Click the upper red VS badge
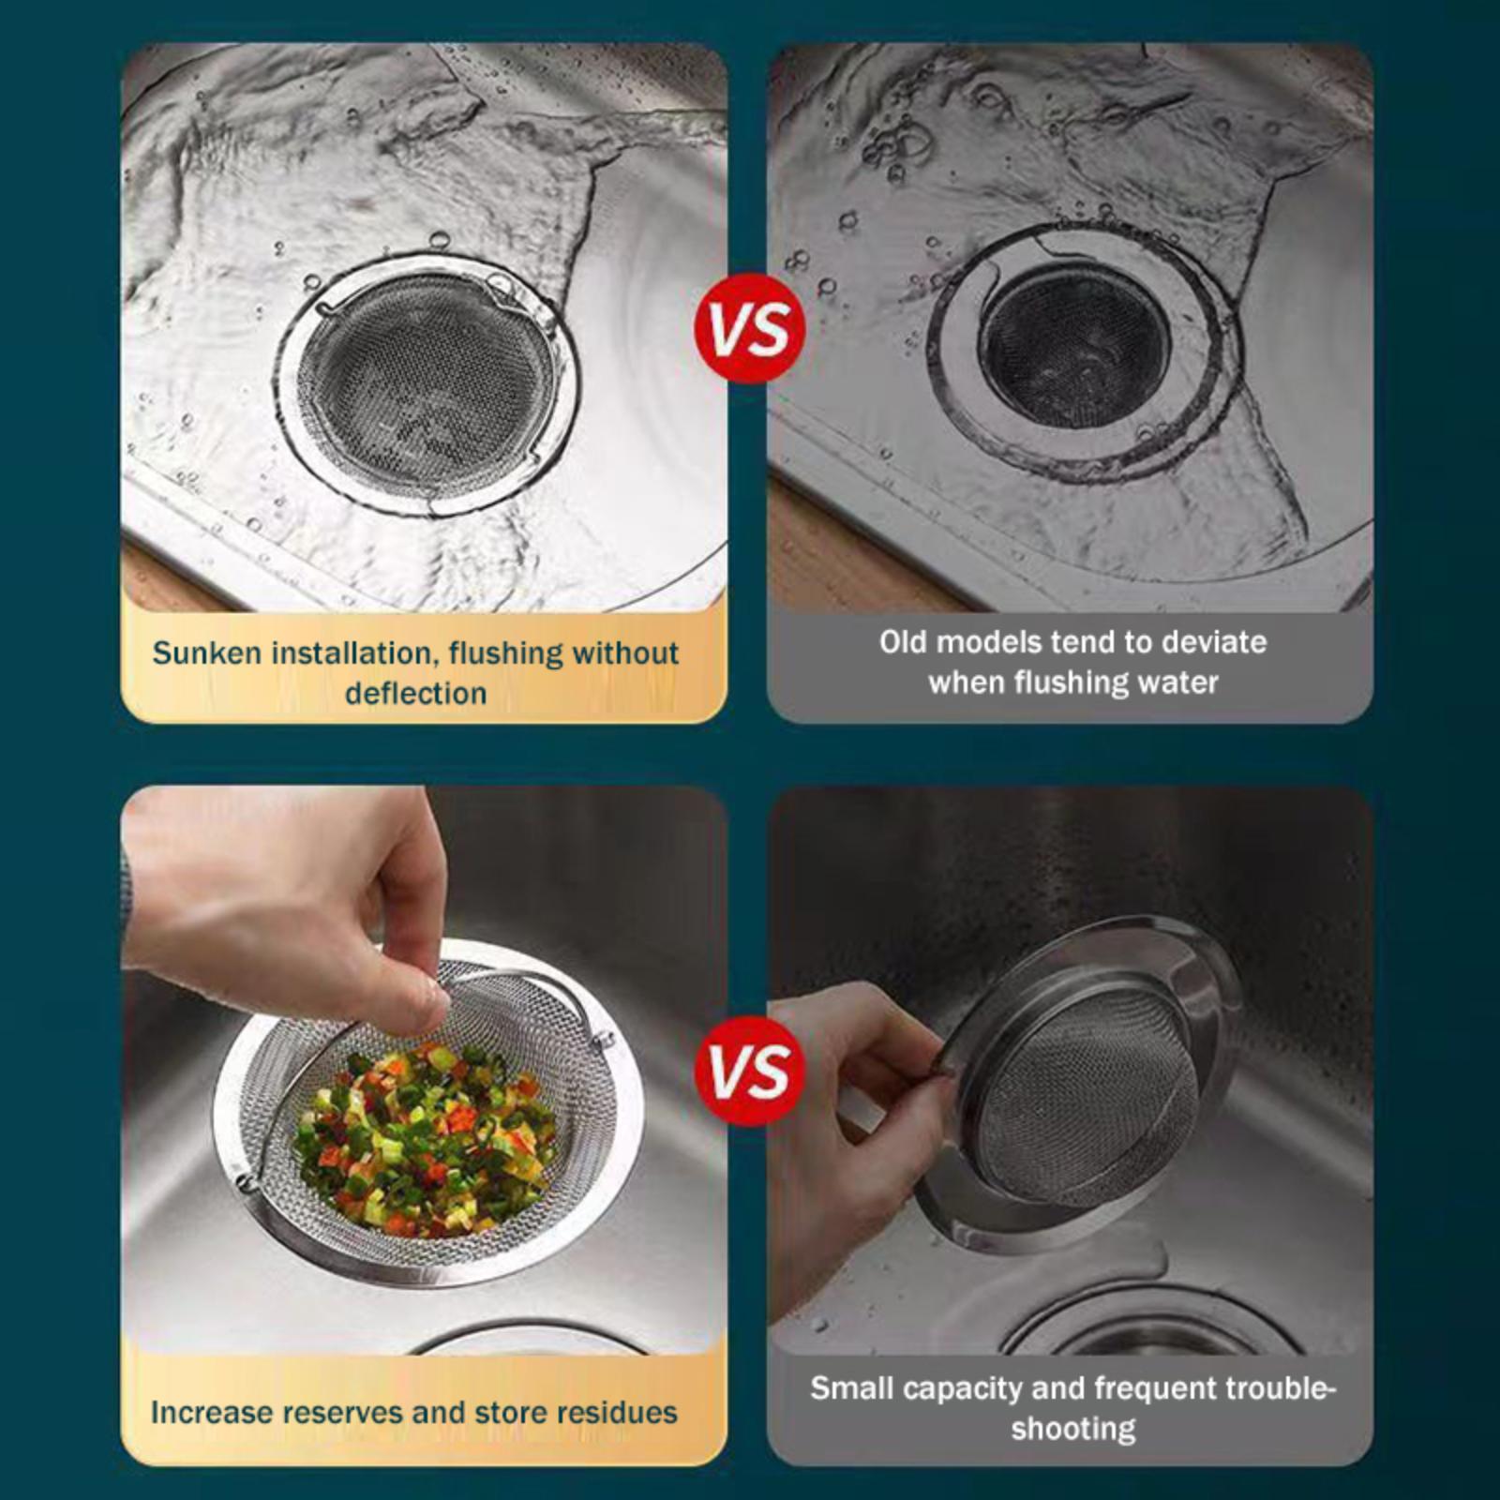(750, 328)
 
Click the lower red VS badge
(750, 1071)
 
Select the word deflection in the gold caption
(415, 693)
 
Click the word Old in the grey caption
(903, 642)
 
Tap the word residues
(610, 1412)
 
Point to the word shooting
(1073, 1429)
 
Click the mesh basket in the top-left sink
(427, 384)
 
